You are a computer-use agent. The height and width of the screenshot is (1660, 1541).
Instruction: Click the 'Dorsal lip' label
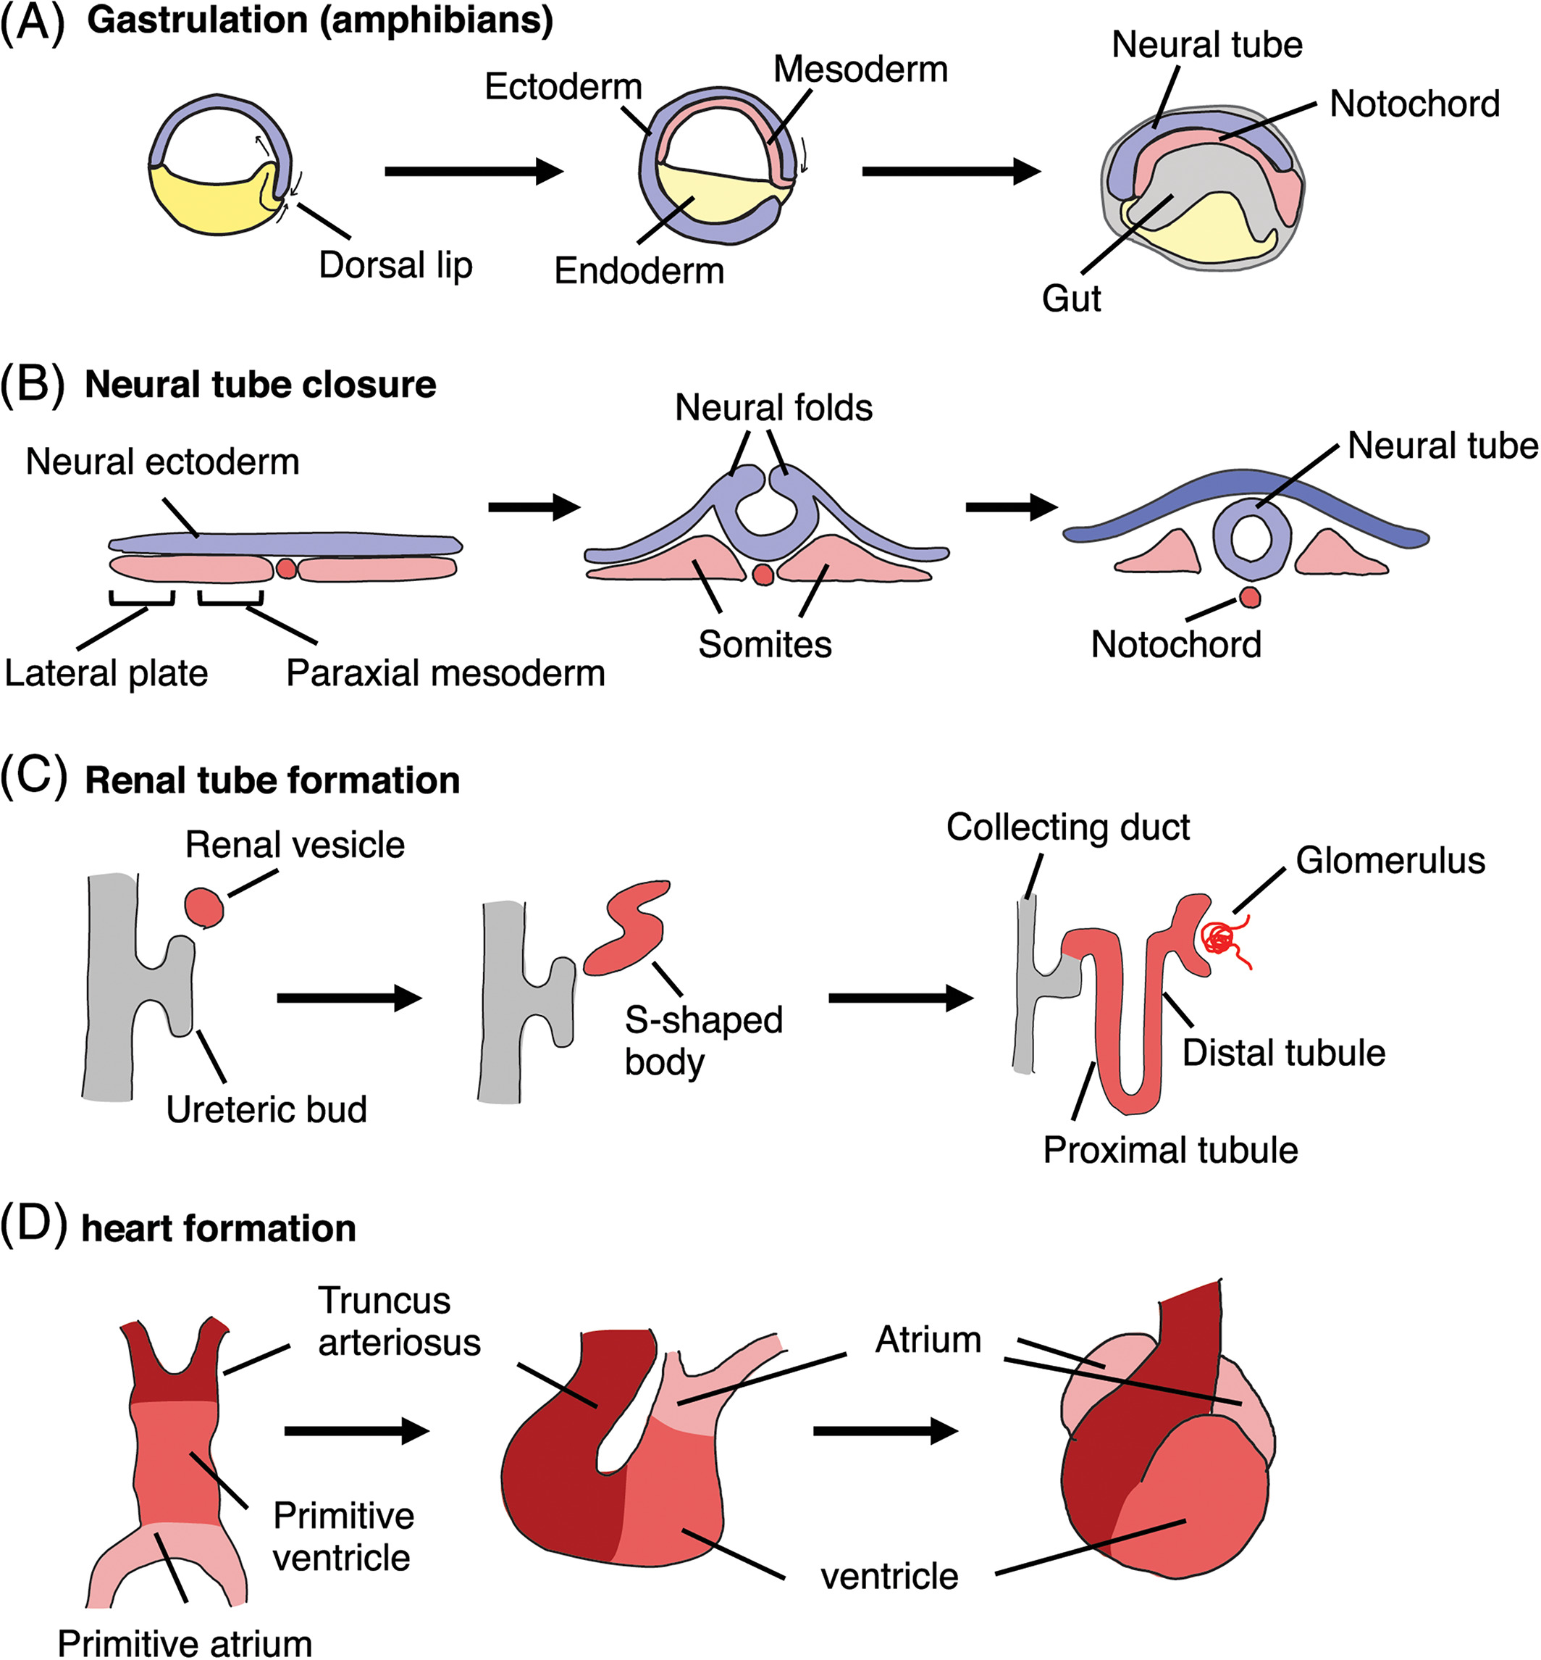tap(395, 265)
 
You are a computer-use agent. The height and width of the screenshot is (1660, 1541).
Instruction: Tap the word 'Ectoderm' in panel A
tap(563, 87)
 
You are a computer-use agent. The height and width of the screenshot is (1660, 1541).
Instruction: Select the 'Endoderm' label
tap(639, 270)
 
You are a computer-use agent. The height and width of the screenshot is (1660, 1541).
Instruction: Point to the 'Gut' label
tap(1071, 298)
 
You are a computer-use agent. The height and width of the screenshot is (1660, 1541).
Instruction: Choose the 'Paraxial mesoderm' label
tap(445, 673)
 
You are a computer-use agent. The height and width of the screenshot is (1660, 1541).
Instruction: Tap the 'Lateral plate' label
tap(106, 673)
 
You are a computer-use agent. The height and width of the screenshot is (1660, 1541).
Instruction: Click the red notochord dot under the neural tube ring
tap(1249, 596)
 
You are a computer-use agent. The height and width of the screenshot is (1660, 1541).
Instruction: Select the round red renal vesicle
tap(204, 906)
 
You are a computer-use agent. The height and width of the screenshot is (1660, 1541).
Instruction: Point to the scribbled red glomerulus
tap(1222, 939)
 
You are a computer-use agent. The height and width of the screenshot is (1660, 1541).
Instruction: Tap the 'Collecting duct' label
tap(1067, 827)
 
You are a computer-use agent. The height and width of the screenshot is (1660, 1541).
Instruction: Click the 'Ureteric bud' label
tap(266, 1109)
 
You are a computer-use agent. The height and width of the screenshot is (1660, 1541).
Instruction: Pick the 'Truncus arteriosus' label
tap(398, 1322)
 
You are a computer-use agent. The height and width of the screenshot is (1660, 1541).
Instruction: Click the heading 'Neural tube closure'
tap(260, 385)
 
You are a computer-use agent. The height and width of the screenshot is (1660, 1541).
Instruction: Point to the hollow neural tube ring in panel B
tap(1251, 539)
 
